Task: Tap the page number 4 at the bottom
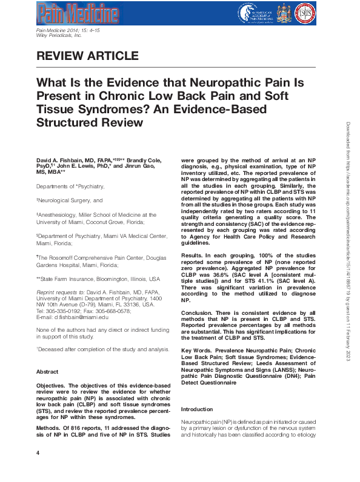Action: (38, 469)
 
